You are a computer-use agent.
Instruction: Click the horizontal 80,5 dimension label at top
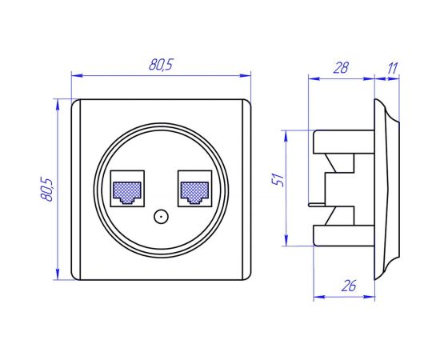161,66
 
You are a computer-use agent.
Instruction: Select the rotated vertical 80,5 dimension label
47,190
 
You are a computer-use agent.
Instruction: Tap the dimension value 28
341,68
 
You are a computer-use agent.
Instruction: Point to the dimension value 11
391,68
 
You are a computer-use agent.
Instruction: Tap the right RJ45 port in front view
195,190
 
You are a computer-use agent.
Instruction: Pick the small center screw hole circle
160,216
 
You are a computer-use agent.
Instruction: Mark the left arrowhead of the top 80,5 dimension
75,77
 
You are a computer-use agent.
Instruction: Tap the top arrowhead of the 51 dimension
286,134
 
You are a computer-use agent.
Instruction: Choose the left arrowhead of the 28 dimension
312,78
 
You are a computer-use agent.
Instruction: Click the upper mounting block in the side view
340,142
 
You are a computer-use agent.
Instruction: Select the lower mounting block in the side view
340,235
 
